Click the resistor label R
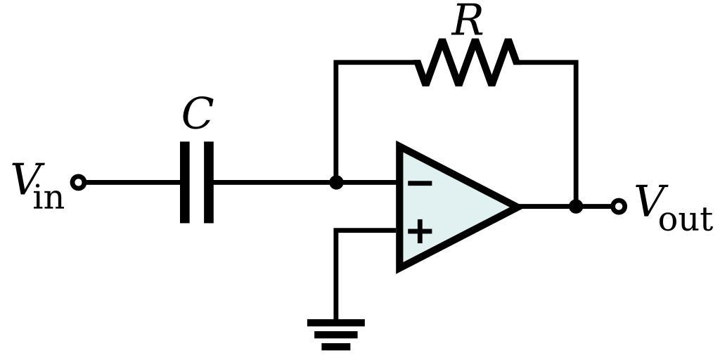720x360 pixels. pyautogui.click(x=468, y=21)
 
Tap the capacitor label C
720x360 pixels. pyautogui.click(x=197, y=114)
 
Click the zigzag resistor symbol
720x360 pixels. pyautogui.click(x=468, y=63)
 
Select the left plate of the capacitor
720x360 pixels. pyautogui.click(x=185, y=182)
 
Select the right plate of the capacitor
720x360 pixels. pyautogui.click(x=209, y=182)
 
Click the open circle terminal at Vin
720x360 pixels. pyautogui.click(x=79, y=183)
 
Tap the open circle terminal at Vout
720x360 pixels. pyautogui.click(x=618, y=206)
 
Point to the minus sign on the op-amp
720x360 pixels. pyautogui.click(x=420, y=184)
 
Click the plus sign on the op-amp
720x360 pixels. pyautogui.click(x=420, y=231)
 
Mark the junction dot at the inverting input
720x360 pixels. pyautogui.click(x=336, y=183)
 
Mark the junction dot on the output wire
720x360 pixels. pyautogui.click(x=576, y=206)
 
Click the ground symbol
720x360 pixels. pyautogui.click(x=336, y=334)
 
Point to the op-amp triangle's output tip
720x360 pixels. pyautogui.click(x=517, y=206)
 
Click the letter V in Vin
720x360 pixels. pyautogui.click(x=26, y=180)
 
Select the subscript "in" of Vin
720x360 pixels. pyautogui.click(x=48, y=198)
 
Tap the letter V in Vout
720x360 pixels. pyautogui.click(x=648, y=202)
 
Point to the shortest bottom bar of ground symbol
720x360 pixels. pyautogui.click(x=336, y=346)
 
